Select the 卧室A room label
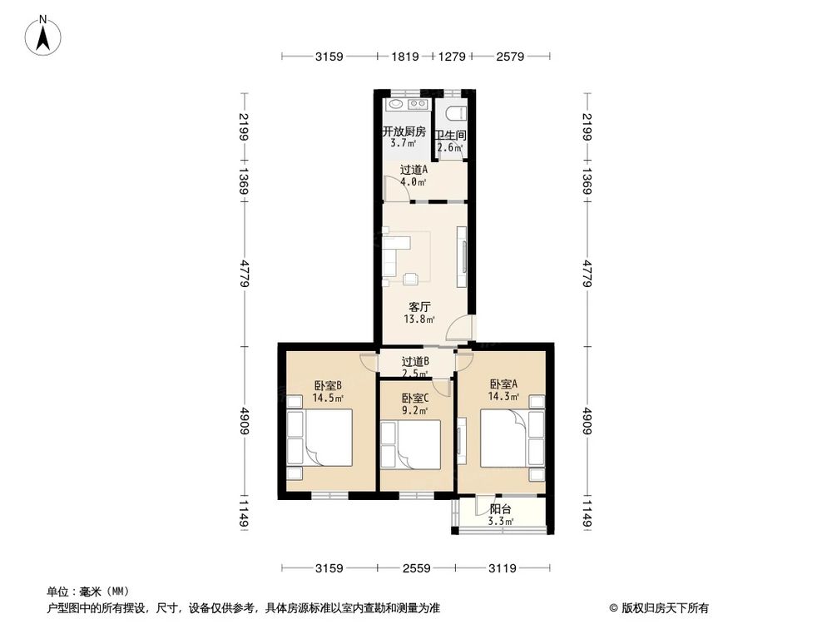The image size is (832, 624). point(503,384)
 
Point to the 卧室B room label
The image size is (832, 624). point(328,386)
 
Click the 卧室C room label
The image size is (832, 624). point(414,398)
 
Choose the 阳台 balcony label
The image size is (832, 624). point(500,509)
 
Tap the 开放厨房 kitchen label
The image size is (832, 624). point(404,131)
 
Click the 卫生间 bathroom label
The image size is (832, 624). point(450,136)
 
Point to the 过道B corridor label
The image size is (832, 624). point(415,361)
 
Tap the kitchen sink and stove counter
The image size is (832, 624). point(407,105)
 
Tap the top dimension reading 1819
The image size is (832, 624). point(405,57)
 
